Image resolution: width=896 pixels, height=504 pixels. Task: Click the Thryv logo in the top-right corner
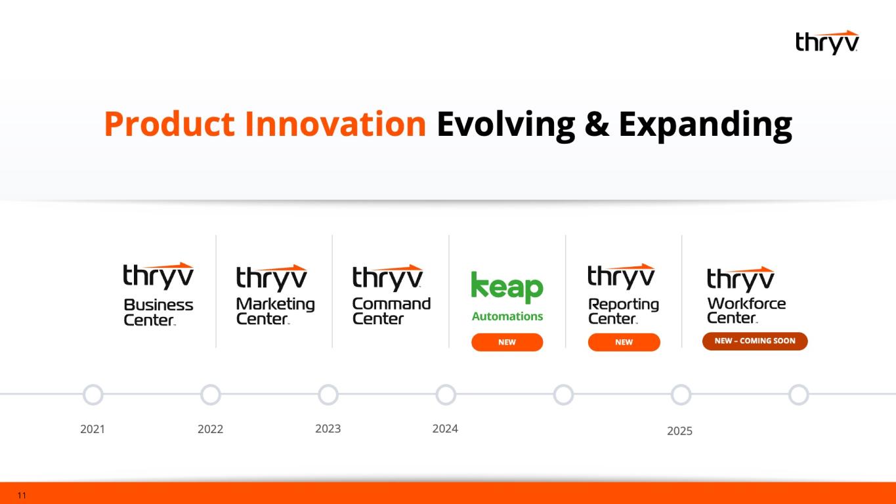click(x=827, y=43)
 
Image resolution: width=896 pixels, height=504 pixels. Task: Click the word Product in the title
click(x=169, y=125)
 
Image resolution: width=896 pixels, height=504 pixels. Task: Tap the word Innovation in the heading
click(x=335, y=124)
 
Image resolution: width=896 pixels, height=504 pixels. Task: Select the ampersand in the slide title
click(x=597, y=125)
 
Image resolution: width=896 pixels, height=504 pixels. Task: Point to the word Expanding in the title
click(x=706, y=125)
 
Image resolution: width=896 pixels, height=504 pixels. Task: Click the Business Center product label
click(x=158, y=312)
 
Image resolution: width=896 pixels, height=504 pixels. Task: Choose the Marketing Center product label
click(x=275, y=311)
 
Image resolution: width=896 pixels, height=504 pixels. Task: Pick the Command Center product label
click(x=391, y=311)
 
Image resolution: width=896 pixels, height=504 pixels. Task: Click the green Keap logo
click(x=507, y=287)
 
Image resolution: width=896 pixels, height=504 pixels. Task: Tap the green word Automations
click(x=507, y=316)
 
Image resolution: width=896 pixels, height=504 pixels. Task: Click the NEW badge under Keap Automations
click(x=507, y=343)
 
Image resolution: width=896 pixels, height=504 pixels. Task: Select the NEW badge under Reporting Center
click(x=624, y=343)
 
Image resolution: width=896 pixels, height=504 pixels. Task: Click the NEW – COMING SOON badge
click(x=755, y=341)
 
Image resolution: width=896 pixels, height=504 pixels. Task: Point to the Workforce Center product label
click(x=746, y=310)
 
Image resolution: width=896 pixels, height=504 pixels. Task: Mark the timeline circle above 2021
click(x=93, y=395)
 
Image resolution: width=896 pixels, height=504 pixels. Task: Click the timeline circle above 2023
click(x=328, y=395)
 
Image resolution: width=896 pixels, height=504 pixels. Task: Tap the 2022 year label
click(x=211, y=429)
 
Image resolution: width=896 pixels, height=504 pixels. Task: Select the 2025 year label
click(x=679, y=431)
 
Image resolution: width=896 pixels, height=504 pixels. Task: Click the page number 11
click(x=22, y=495)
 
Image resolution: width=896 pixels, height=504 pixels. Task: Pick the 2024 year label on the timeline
click(x=445, y=429)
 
